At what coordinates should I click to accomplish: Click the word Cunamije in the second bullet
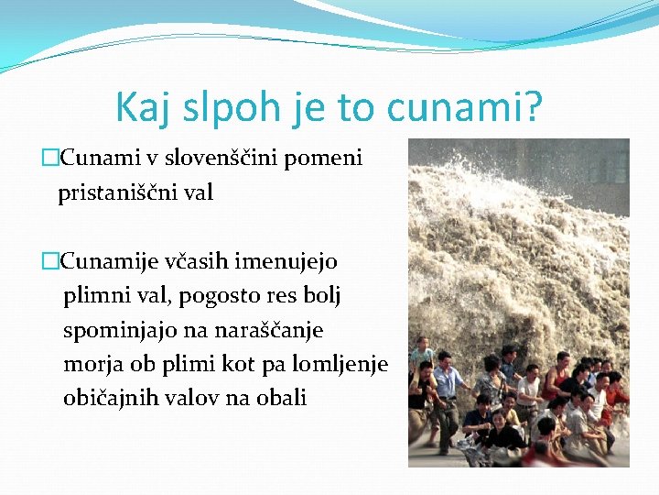107,261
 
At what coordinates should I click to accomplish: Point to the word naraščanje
269,329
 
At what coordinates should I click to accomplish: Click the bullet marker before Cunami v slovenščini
49,159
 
